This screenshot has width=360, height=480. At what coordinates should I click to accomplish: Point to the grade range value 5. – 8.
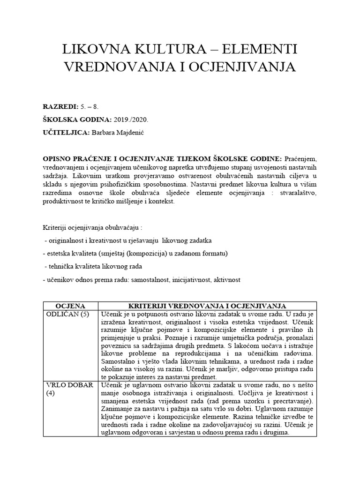point(90,107)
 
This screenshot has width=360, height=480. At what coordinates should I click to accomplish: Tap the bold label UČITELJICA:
point(66,134)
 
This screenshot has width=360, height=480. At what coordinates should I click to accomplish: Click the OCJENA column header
point(70,306)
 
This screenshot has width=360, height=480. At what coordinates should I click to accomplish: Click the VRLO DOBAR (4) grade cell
point(69,389)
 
